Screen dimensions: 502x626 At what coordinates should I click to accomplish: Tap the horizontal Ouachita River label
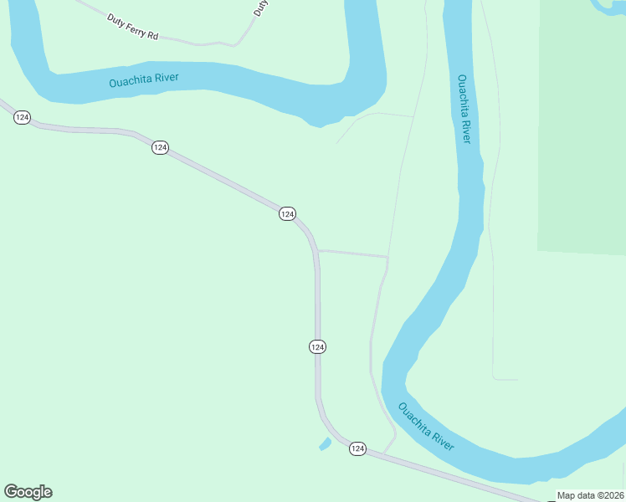[x=145, y=81]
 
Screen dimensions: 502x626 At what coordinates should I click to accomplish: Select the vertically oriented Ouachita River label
[x=464, y=109]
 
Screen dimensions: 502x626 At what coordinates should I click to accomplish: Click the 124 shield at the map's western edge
[x=22, y=118]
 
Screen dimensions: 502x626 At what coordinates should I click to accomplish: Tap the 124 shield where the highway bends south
[x=287, y=214]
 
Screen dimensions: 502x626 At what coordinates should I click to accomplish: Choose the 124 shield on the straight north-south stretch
[x=317, y=346]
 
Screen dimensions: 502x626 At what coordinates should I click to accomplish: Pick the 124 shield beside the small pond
[x=357, y=449]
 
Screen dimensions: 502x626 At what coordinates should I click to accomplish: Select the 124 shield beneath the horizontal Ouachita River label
[x=160, y=147]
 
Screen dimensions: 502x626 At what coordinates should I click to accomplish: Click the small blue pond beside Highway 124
[x=325, y=443]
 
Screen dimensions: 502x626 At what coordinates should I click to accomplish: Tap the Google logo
[x=28, y=492]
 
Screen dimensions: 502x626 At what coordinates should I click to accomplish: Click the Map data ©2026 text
[x=590, y=495]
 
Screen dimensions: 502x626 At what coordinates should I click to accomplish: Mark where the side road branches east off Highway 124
[x=318, y=250]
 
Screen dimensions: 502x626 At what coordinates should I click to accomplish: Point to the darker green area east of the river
[x=582, y=125]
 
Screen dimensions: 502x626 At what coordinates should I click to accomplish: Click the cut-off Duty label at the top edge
[x=262, y=8]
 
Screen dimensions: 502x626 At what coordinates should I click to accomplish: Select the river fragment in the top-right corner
[x=608, y=7]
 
